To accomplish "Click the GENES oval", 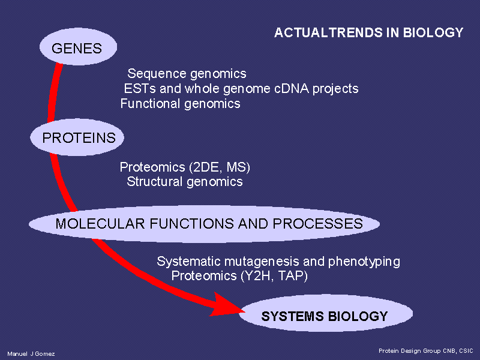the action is (78, 47).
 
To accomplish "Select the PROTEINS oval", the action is (77, 137).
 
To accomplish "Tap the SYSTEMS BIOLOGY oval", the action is (326, 313).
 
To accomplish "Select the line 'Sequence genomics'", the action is (187, 74).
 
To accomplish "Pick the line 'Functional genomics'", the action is (181, 104).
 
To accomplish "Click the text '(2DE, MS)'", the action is (220, 167).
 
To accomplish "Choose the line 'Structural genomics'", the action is (185, 182).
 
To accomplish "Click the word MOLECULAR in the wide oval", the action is (100, 224).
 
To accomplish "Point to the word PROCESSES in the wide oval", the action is (318, 224).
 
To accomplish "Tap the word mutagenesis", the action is (262, 262).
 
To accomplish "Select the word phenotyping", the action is (364, 262).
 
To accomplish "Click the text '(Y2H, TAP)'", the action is (274, 276).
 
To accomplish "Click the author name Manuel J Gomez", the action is (31, 354).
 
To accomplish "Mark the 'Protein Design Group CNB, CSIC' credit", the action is (426, 351).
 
